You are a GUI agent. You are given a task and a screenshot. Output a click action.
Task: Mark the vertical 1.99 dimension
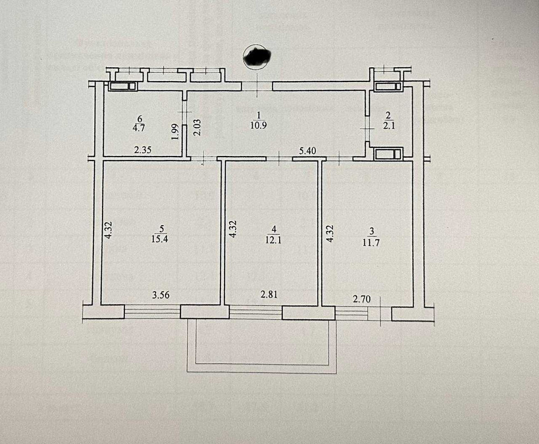(175, 131)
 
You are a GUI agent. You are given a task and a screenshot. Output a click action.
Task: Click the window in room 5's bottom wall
(152, 311)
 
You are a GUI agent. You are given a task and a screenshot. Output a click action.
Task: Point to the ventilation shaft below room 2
(388, 154)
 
